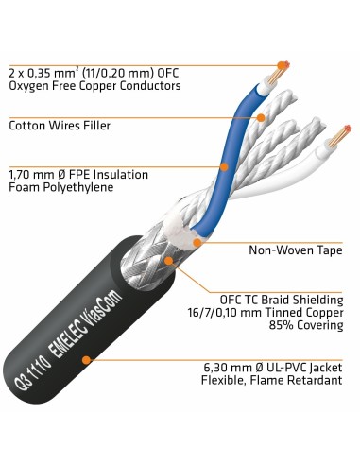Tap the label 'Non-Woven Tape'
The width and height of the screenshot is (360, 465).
297,250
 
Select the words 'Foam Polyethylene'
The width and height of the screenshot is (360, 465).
60,187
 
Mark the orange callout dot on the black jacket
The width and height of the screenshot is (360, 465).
86,359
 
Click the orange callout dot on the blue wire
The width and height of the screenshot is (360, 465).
224,167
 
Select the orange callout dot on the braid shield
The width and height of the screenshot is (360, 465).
169,260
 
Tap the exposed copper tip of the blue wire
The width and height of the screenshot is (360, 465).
280,68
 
